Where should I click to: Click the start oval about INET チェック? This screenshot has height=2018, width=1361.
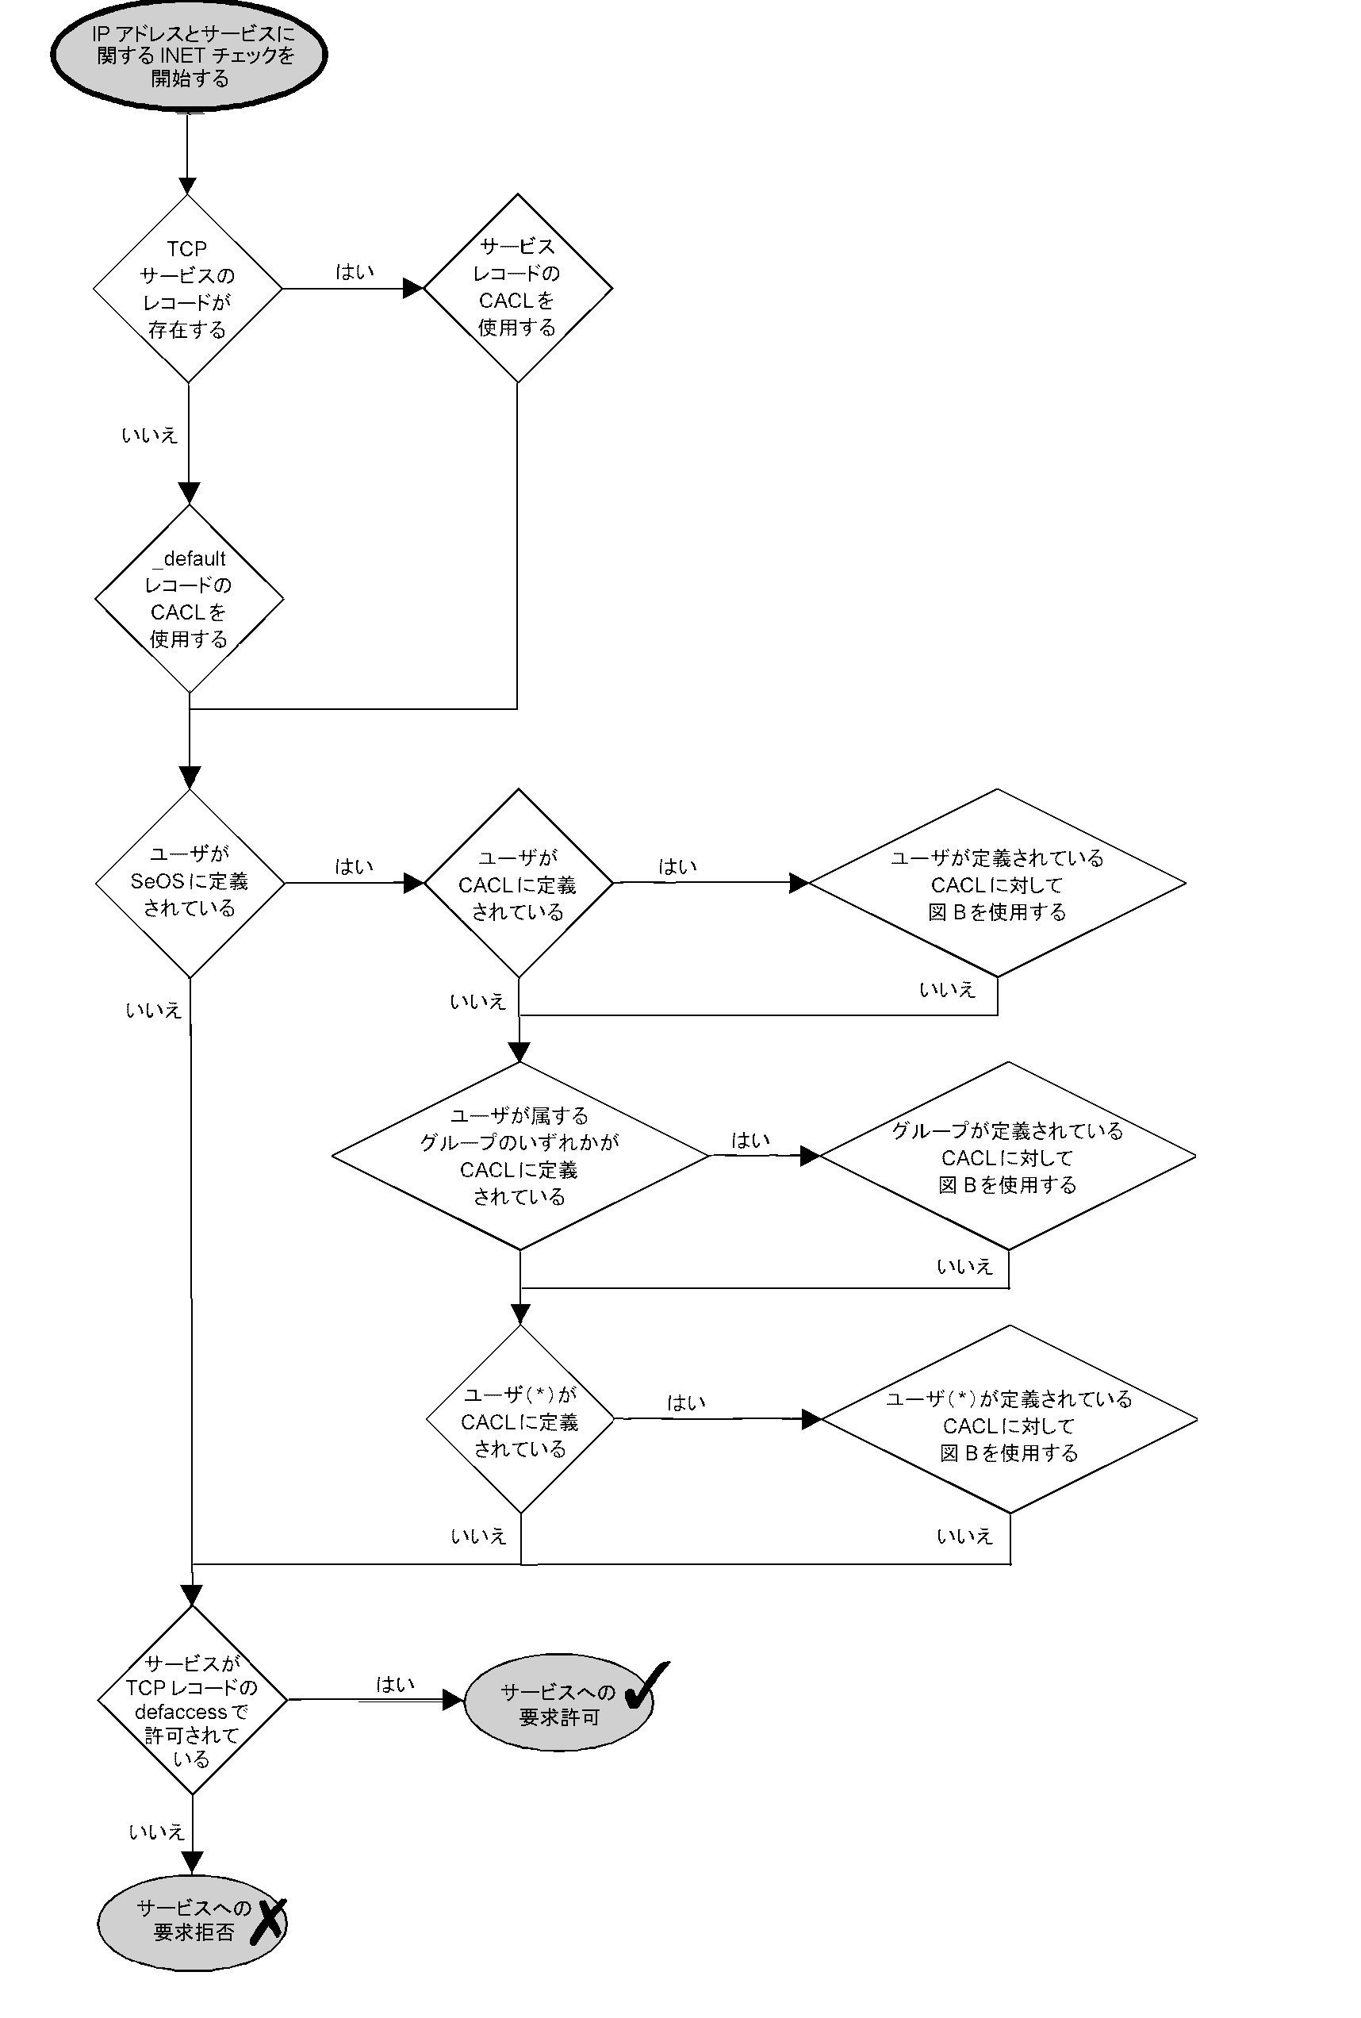tap(188, 55)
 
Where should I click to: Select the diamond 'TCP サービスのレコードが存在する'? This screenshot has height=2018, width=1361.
tap(187, 288)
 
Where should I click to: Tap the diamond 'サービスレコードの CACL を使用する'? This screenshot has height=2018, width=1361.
tap(517, 287)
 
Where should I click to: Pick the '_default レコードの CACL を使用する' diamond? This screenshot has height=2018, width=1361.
tap(188, 599)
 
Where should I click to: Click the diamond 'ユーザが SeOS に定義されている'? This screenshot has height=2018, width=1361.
tap(190, 882)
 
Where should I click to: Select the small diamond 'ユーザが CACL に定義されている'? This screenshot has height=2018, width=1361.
tap(518, 884)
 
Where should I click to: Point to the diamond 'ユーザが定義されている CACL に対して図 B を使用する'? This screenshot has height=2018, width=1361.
tap(996, 884)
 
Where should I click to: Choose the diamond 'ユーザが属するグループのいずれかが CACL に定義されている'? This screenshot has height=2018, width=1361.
tap(520, 1155)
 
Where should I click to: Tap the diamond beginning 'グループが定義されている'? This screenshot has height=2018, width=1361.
tap(1006, 1156)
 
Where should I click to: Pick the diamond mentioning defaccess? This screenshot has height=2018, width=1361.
tap(192, 1699)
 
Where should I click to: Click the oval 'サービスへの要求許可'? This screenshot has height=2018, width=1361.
tap(558, 1703)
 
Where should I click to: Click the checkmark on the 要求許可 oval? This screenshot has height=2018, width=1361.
tap(645, 1685)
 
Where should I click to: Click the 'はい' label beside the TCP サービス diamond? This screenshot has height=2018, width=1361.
tap(355, 271)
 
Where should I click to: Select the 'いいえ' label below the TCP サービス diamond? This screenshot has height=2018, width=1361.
tap(149, 435)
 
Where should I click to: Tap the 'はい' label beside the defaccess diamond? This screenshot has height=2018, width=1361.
tap(395, 1684)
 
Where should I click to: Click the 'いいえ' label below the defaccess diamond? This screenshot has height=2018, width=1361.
tap(156, 1832)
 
